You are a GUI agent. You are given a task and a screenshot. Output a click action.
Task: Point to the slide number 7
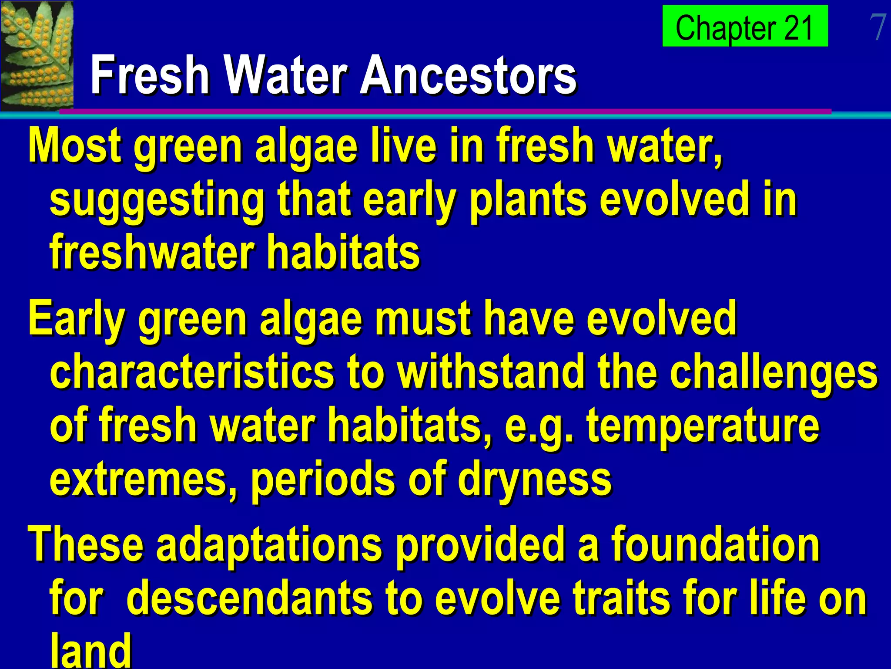tap(878, 27)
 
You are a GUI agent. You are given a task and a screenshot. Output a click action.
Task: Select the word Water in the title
tap(287, 75)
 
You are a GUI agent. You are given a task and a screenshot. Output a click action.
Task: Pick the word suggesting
tap(157, 200)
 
